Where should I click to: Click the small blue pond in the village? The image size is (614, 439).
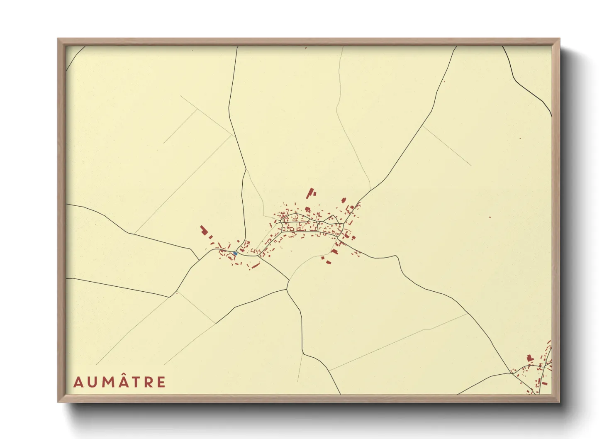[x=235, y=253]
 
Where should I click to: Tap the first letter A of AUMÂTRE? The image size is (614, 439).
[x=78, y=382]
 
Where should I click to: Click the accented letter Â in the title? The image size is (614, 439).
[x=123, y=381]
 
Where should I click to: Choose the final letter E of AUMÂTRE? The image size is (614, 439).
[x=161, y=382]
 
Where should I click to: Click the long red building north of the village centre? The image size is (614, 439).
[x=310, y=193]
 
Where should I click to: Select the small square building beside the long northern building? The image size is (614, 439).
[x=315, y=193]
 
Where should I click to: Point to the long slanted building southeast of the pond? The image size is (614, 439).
[x=256, y=266]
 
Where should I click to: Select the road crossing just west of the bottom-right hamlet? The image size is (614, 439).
[x=513, y=373]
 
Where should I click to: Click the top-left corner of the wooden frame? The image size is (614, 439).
[x=58, y=39]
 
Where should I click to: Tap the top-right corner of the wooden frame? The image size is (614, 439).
[x=559, y=39]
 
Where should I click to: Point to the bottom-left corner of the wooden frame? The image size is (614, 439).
[x=58, y=402]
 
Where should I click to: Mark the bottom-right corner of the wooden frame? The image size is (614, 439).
[x=559, y=402]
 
